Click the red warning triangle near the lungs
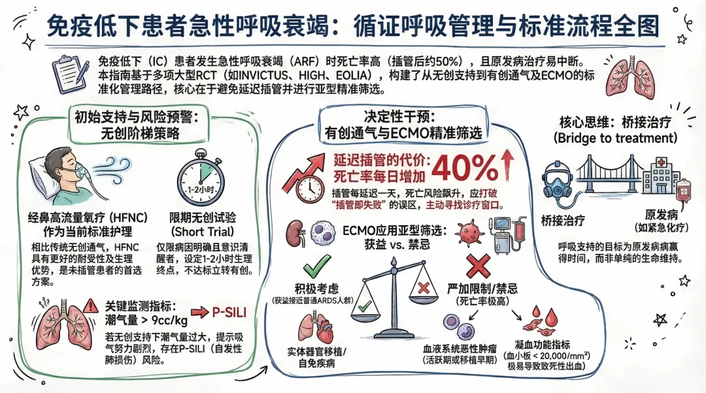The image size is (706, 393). point(91,305)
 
